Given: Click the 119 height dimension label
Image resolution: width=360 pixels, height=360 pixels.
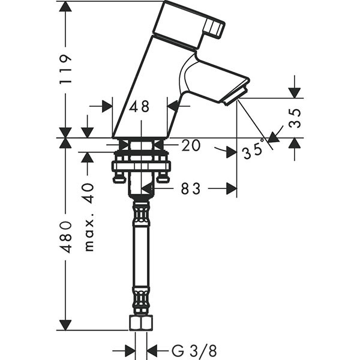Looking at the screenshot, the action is click(66, 70).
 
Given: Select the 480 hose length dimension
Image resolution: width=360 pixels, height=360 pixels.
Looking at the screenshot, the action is click(66, 237).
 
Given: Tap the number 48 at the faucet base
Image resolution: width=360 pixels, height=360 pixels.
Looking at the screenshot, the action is click(139, 106).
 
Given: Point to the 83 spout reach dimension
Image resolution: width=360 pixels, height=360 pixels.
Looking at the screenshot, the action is click(191, 188).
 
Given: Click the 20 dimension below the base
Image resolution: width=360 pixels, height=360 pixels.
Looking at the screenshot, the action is click(191, 145).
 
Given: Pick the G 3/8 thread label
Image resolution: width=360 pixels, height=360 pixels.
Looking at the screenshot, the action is click(194, 350).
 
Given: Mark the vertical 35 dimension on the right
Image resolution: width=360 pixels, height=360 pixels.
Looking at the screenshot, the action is click(295, 118).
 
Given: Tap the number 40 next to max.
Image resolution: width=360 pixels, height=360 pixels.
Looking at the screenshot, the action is click(88, 193).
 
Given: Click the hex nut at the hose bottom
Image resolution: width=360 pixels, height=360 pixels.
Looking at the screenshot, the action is click(141, 323).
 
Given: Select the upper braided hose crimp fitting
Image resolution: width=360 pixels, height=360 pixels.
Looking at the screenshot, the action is click(141, 211).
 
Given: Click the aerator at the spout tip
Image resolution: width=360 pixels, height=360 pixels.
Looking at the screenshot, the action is click(236, 96).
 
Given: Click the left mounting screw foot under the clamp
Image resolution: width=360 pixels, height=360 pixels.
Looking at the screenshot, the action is click(119, 178).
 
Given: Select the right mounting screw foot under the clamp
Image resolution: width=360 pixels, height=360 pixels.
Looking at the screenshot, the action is click(163, 178).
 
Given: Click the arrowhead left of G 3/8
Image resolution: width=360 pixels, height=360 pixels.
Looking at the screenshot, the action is click(130, 351).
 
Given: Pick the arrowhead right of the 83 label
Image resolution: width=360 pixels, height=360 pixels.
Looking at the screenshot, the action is click(232, 188).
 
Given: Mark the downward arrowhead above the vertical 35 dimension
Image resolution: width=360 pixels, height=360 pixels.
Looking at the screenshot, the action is click(295, 93).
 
